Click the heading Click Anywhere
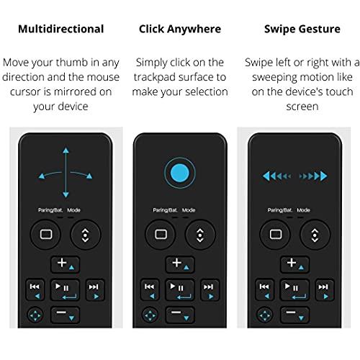tap(180, 30)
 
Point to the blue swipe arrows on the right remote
tap(294, 175)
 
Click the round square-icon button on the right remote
tap(274, 234)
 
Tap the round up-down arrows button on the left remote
tap(85, 234)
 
